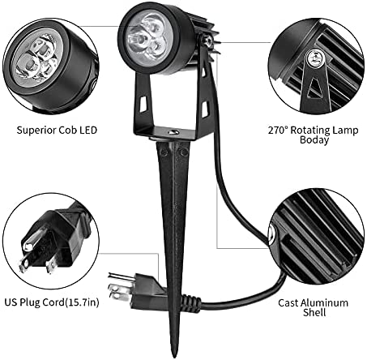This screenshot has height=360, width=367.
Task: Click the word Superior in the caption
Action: click(36, 131)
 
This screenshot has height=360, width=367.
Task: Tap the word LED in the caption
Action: click(88, 131)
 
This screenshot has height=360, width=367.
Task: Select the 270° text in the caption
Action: click(278, 130)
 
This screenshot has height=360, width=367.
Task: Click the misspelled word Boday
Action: click(314, 140)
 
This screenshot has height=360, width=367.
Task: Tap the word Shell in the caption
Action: click(314, 312)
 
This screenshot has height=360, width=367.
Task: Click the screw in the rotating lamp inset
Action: click(314, 58)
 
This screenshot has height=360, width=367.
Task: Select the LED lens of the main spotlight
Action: click(146, 39)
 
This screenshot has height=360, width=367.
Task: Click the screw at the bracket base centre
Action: click(172, 132)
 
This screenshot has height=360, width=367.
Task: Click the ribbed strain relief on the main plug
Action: click(191, 301)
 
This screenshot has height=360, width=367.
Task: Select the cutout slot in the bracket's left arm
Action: click(143, 103)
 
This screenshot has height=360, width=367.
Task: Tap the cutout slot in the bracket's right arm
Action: click(206, 109)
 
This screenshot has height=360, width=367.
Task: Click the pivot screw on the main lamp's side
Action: click(208, 41)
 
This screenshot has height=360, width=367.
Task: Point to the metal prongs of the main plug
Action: click(121, 287)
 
